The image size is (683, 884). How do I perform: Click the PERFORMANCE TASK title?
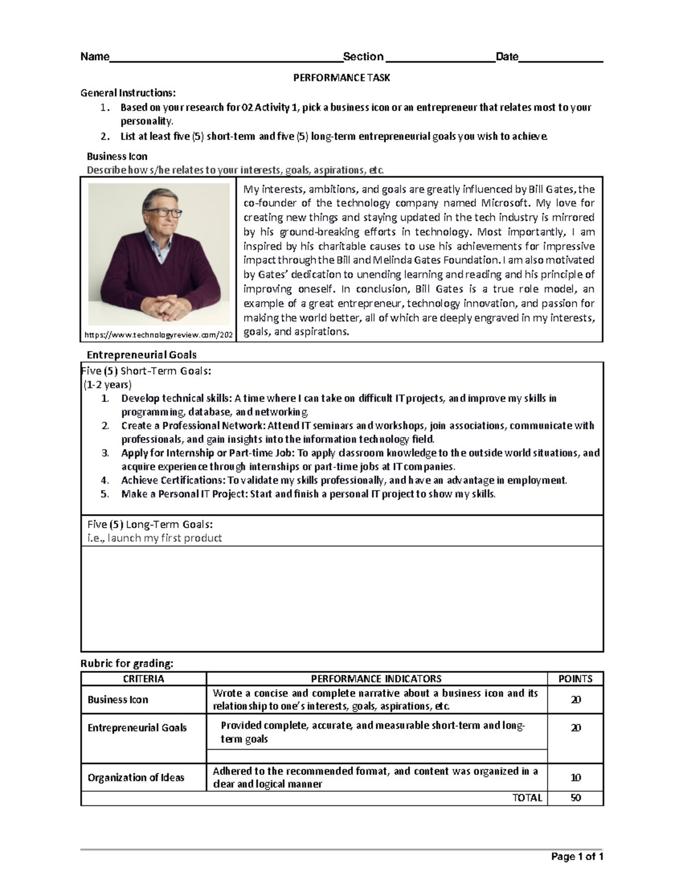coord(341,78)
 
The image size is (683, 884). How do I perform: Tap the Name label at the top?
coord(94,56)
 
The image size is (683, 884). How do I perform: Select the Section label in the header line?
coord(363,56)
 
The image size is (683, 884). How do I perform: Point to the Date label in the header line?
coord(507,56)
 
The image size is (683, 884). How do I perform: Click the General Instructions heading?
coord(128,93)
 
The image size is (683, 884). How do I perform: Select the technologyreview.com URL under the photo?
coord(159,335)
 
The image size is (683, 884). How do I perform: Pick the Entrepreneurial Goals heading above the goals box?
coord(141,355)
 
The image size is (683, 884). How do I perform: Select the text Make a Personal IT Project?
coord(184,494)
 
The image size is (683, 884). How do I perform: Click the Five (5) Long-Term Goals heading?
coord(150,524)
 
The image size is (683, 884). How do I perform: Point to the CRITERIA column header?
coord(143,679)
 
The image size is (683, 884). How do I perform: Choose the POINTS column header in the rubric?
coord(575,679)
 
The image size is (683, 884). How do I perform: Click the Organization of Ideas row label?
coord(136,778)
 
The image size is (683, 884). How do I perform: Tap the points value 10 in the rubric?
coord(575,778)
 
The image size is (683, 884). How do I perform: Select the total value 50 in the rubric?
coord(575,798)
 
